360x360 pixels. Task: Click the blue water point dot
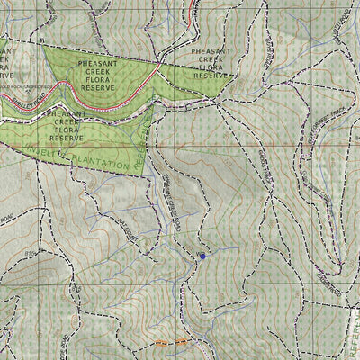[x=202, y=256]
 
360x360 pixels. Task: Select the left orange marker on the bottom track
[x=162, y=343]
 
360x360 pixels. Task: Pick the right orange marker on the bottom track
[x=183, y=343]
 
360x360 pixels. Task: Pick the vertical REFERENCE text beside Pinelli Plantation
[x=144, y=144]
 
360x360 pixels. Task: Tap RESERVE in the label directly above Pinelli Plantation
[x=66, y=139]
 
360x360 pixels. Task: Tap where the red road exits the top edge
[x=195, y=3]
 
